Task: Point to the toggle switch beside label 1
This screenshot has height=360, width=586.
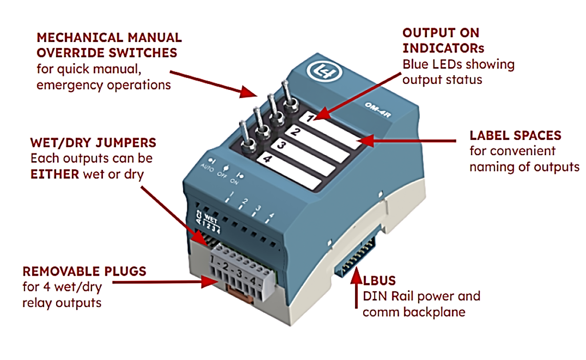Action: pyautogui.click(x=287, y=97)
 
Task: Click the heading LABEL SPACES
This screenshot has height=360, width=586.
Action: pyautogui.click(x=515, y=135)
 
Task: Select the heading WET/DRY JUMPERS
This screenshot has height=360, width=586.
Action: pyautogui.click(x=93, y=143)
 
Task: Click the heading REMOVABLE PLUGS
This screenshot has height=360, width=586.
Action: pyautogui.click(x=84, y=271)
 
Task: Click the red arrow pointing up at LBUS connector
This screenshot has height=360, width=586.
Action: pyautogui.click(x=357, y=287)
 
